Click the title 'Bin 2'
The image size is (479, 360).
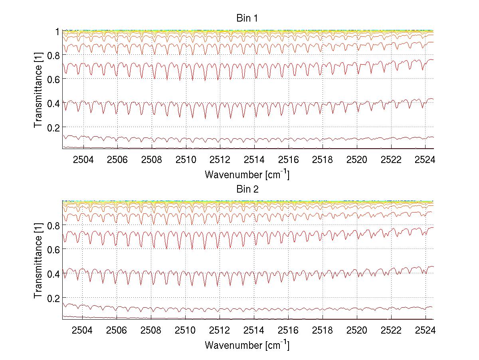click(247, 189)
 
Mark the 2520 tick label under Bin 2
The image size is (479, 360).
click(357, 330)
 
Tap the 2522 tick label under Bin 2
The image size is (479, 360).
click(391, 330)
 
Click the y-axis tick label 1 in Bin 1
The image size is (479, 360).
click(57, 31)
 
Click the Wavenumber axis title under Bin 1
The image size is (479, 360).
click(247, 174)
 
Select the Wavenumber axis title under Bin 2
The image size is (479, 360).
click(247, 345)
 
